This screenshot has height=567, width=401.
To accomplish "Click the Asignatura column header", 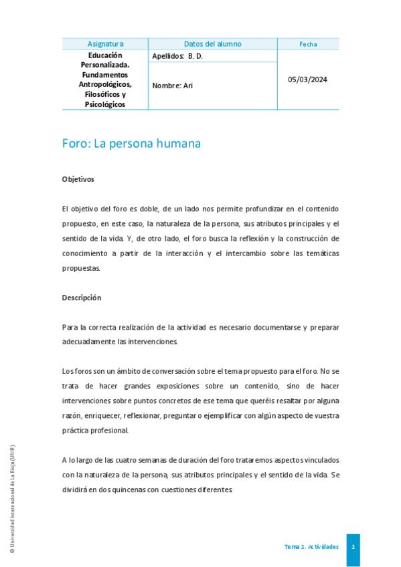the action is (105, 44).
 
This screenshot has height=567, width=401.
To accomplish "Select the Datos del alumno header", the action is (212, 44).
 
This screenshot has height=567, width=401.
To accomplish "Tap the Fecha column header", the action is (308, 44).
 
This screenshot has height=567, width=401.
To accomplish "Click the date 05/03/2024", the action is (308, 80).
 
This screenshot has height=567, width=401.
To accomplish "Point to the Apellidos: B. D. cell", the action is (177, 56).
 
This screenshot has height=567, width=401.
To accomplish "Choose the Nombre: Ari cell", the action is (172, 86).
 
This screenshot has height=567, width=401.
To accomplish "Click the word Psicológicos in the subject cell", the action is (105, 104).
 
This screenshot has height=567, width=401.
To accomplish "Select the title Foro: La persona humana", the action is (131, 144).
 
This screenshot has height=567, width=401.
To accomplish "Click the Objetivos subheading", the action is (78, 179).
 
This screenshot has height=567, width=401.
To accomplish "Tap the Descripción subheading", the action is (81, 298).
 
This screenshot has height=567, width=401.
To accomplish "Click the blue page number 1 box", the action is (353, 547).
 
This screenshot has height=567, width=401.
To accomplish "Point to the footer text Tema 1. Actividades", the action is (311, 547).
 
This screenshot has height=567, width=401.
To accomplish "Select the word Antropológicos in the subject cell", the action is (105, 84).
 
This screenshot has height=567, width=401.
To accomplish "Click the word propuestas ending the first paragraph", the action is (80, 268).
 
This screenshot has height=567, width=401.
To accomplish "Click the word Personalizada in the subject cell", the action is (104, 65).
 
